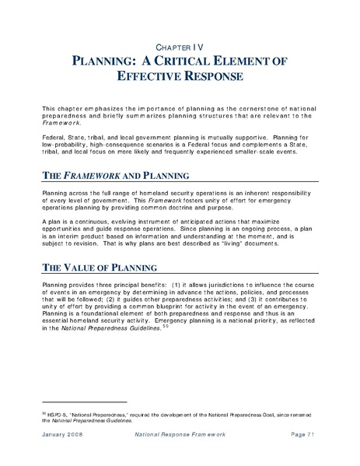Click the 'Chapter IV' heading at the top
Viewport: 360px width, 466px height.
coord(180,46)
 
